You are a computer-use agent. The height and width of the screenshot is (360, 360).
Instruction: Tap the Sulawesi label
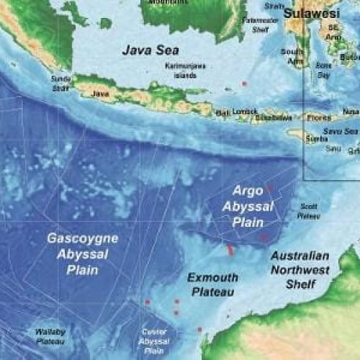pyautogui.click(x=312, y=14)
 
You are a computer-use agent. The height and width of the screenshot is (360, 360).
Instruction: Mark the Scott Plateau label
pyautogui.click(x=309, y=210)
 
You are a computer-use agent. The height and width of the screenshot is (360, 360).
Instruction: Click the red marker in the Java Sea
pyautogui.click(x=245, y=84)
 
